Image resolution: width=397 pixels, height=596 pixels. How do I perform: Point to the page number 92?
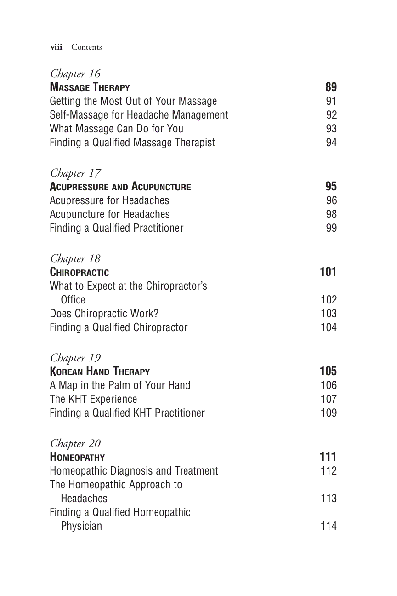[331, 115]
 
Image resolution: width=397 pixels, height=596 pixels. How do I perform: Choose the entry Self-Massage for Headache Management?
[139, 115]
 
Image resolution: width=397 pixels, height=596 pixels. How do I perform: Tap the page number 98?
[331, 214]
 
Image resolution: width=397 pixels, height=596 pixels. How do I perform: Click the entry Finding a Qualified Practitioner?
[116, 228]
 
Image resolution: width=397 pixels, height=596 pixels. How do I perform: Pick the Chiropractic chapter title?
[79, 272]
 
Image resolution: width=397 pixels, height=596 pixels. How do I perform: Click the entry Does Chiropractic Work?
[104, 314]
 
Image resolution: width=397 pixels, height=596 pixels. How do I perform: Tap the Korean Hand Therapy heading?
[100, 371]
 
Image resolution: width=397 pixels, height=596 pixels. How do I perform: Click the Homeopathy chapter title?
[77, 457]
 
